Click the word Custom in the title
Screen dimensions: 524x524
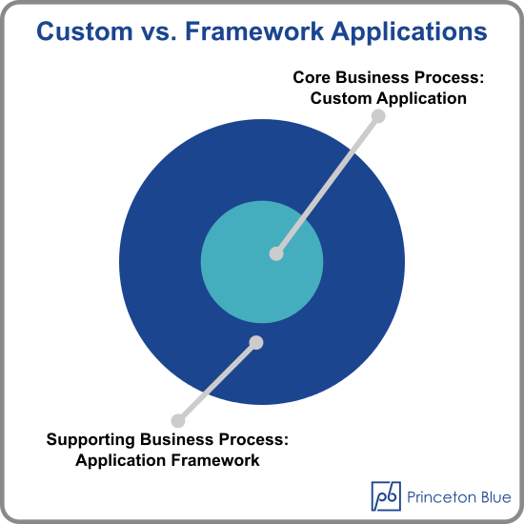85,31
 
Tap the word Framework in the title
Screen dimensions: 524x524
254,31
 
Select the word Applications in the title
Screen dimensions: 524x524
409,31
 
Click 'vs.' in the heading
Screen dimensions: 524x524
159,33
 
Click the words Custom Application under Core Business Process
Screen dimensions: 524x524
389,98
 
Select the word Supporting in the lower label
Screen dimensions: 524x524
91,440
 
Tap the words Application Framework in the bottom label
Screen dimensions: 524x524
168,460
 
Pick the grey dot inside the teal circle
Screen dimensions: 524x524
276,253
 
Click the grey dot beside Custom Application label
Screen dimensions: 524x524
378,116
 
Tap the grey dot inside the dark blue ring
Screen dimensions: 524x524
256,343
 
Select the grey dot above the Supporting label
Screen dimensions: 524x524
178,421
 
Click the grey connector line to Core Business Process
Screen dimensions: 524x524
328,185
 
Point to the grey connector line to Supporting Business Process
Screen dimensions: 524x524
217,382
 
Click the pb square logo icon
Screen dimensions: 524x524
386,496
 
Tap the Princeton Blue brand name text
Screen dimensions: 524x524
459,497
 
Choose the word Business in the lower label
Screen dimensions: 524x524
176,439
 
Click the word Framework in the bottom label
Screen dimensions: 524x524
215,460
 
